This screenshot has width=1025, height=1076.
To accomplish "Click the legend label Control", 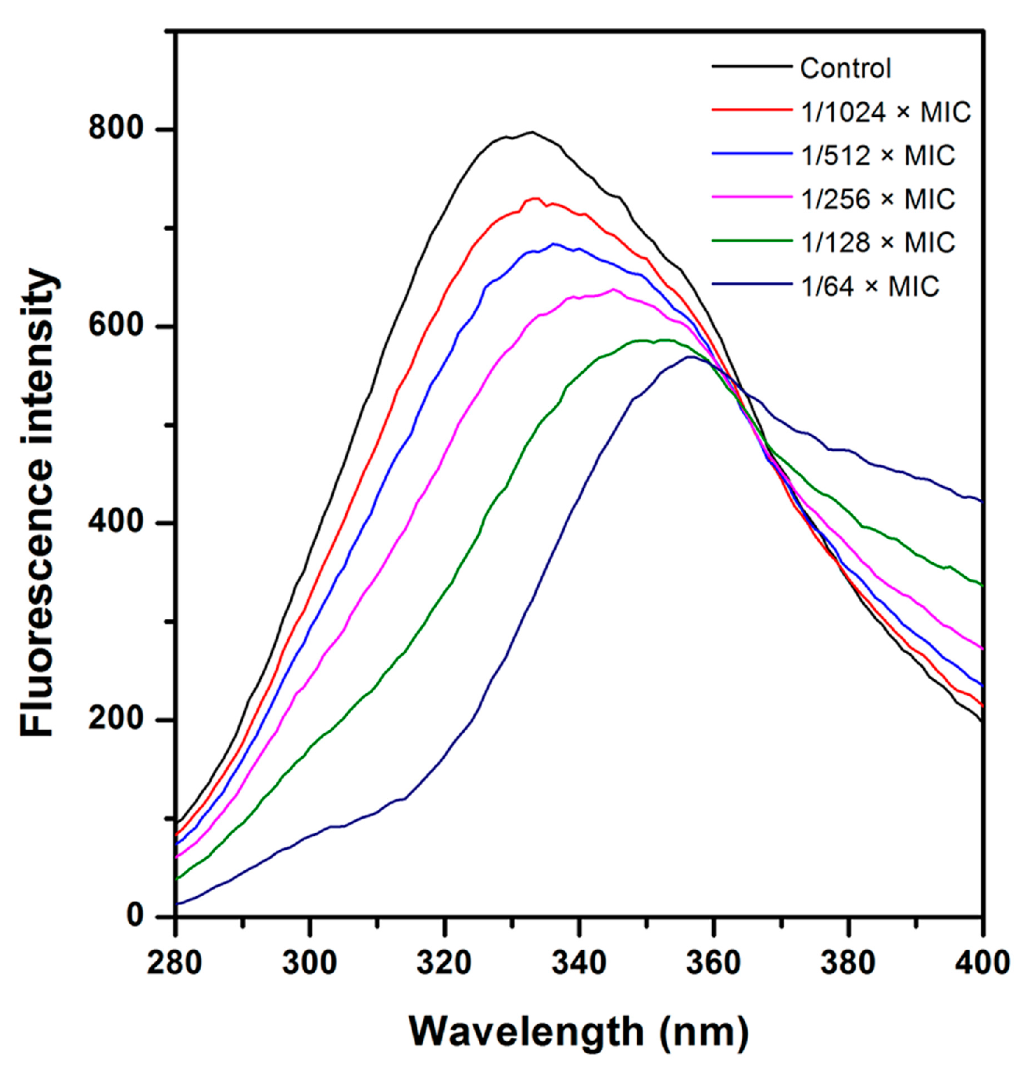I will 845,69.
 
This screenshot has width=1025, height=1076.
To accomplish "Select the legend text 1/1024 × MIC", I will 886,112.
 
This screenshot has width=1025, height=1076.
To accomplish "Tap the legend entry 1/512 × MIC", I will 878,155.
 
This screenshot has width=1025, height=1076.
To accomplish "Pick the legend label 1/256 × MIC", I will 878,200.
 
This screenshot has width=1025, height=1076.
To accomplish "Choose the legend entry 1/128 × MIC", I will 878,243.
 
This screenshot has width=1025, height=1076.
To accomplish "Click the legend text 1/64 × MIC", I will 870,287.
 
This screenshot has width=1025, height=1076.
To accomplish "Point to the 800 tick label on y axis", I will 116,129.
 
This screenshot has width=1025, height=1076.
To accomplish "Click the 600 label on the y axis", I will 116,326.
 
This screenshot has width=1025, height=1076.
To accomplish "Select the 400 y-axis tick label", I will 116,522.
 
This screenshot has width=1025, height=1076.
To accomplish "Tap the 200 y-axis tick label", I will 116,719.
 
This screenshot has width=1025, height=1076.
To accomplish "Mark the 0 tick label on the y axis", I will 135,916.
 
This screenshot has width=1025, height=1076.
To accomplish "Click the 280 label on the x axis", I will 174,963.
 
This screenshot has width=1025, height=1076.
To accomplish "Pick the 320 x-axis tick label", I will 444,963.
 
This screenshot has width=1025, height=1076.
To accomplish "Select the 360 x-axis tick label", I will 713,963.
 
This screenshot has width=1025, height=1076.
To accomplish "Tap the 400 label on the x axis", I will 982,963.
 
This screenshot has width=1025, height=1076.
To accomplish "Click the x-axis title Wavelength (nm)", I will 578,1032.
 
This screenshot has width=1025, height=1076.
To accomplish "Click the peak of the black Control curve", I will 531,132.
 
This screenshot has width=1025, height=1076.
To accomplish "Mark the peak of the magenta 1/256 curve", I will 613,289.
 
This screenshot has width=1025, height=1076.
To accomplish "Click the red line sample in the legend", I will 751,111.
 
